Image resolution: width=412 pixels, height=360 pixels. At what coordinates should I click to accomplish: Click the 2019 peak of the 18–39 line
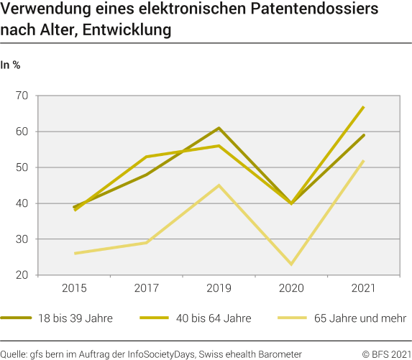tap(219, 128)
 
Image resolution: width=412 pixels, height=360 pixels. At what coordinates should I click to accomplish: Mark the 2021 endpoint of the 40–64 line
tap(364, 106)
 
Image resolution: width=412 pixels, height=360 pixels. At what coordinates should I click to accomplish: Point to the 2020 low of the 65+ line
tap(291, 264)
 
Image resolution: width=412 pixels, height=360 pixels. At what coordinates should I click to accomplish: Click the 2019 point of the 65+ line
tap(219, 185)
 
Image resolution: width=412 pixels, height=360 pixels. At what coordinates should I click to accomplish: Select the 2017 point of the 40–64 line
tap(147, 157)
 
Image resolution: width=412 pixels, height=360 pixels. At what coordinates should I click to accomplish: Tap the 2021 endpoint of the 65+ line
tap(364, 160)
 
